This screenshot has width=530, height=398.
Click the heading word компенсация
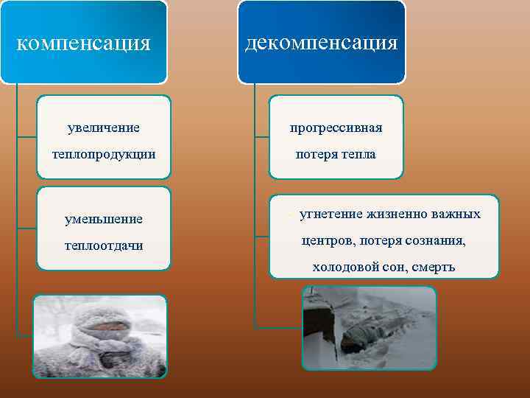[83, 43]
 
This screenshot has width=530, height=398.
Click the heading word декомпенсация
[321, 42]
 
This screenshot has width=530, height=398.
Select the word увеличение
[103, 128]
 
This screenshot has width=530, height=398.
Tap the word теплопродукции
[103, 156]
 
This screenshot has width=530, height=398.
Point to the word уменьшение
[103, 219]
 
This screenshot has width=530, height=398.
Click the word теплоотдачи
[103, 245]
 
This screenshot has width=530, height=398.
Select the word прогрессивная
[336, 128]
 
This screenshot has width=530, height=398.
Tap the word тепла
[357, 155]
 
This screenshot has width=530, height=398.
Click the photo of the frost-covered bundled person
[101, 336]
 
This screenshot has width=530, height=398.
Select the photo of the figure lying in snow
[369, 327]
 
